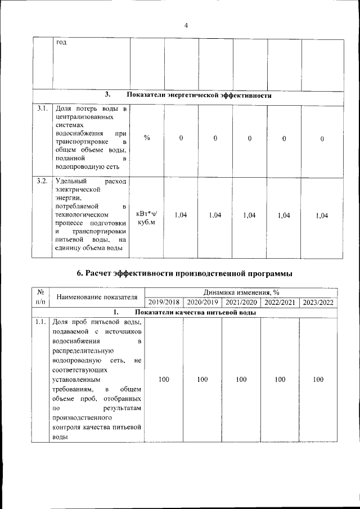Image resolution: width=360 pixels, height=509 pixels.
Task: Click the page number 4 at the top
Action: point(186,25)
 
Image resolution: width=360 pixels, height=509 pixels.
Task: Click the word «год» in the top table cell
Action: point(61,44)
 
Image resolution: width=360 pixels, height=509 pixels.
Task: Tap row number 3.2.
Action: point(42,181)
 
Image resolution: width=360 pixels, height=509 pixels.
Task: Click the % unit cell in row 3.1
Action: point(147,138)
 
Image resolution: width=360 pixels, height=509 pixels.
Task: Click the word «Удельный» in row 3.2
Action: point(70,181)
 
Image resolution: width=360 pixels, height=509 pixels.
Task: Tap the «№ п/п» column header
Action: point(40,297)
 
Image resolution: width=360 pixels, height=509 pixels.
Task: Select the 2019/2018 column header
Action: point(164,303)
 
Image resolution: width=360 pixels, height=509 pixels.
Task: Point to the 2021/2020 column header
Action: point(241,303)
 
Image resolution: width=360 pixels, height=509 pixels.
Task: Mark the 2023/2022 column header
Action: point(318,303)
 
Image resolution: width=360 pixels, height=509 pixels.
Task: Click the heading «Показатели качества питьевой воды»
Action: point(195,313)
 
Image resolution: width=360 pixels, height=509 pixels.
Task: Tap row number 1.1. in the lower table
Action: point(40,323)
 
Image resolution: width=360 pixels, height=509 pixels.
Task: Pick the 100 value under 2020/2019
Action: point(202,380)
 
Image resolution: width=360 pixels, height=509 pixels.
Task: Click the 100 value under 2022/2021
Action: point(280,380)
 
